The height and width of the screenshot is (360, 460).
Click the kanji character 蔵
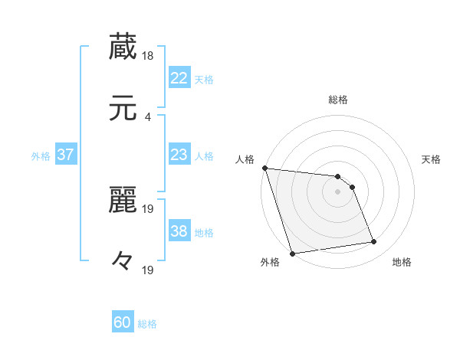(x=123, y=47)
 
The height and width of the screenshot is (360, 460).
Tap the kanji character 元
(x=123, y=108)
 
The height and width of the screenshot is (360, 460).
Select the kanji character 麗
(x=123, y=201)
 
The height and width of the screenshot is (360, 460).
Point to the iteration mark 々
(x=123, y=260)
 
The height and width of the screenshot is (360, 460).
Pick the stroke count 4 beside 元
(x=147, y=116)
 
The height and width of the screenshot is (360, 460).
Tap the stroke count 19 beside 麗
(x=149, y=209)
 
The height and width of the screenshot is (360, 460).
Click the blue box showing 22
(x=179, y=77)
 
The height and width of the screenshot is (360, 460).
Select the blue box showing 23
(x=179, y=155)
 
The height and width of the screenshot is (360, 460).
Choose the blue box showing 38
(x=179, y=231)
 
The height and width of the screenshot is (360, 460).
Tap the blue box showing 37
(x=66, y=155)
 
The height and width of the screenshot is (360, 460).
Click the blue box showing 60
(x=123, y=322)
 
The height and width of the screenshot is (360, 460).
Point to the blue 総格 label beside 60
(x=147, y=324)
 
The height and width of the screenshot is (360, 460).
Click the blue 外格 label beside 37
(x=41, y=156)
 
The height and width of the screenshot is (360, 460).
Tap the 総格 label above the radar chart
(x=338, y=100)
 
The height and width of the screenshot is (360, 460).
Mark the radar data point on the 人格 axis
(x=264, y=168)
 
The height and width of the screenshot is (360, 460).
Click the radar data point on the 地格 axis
(x=374, y=242)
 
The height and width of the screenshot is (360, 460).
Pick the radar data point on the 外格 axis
(x=292, y=253)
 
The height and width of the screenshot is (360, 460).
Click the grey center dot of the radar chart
(x=338, y=191)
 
